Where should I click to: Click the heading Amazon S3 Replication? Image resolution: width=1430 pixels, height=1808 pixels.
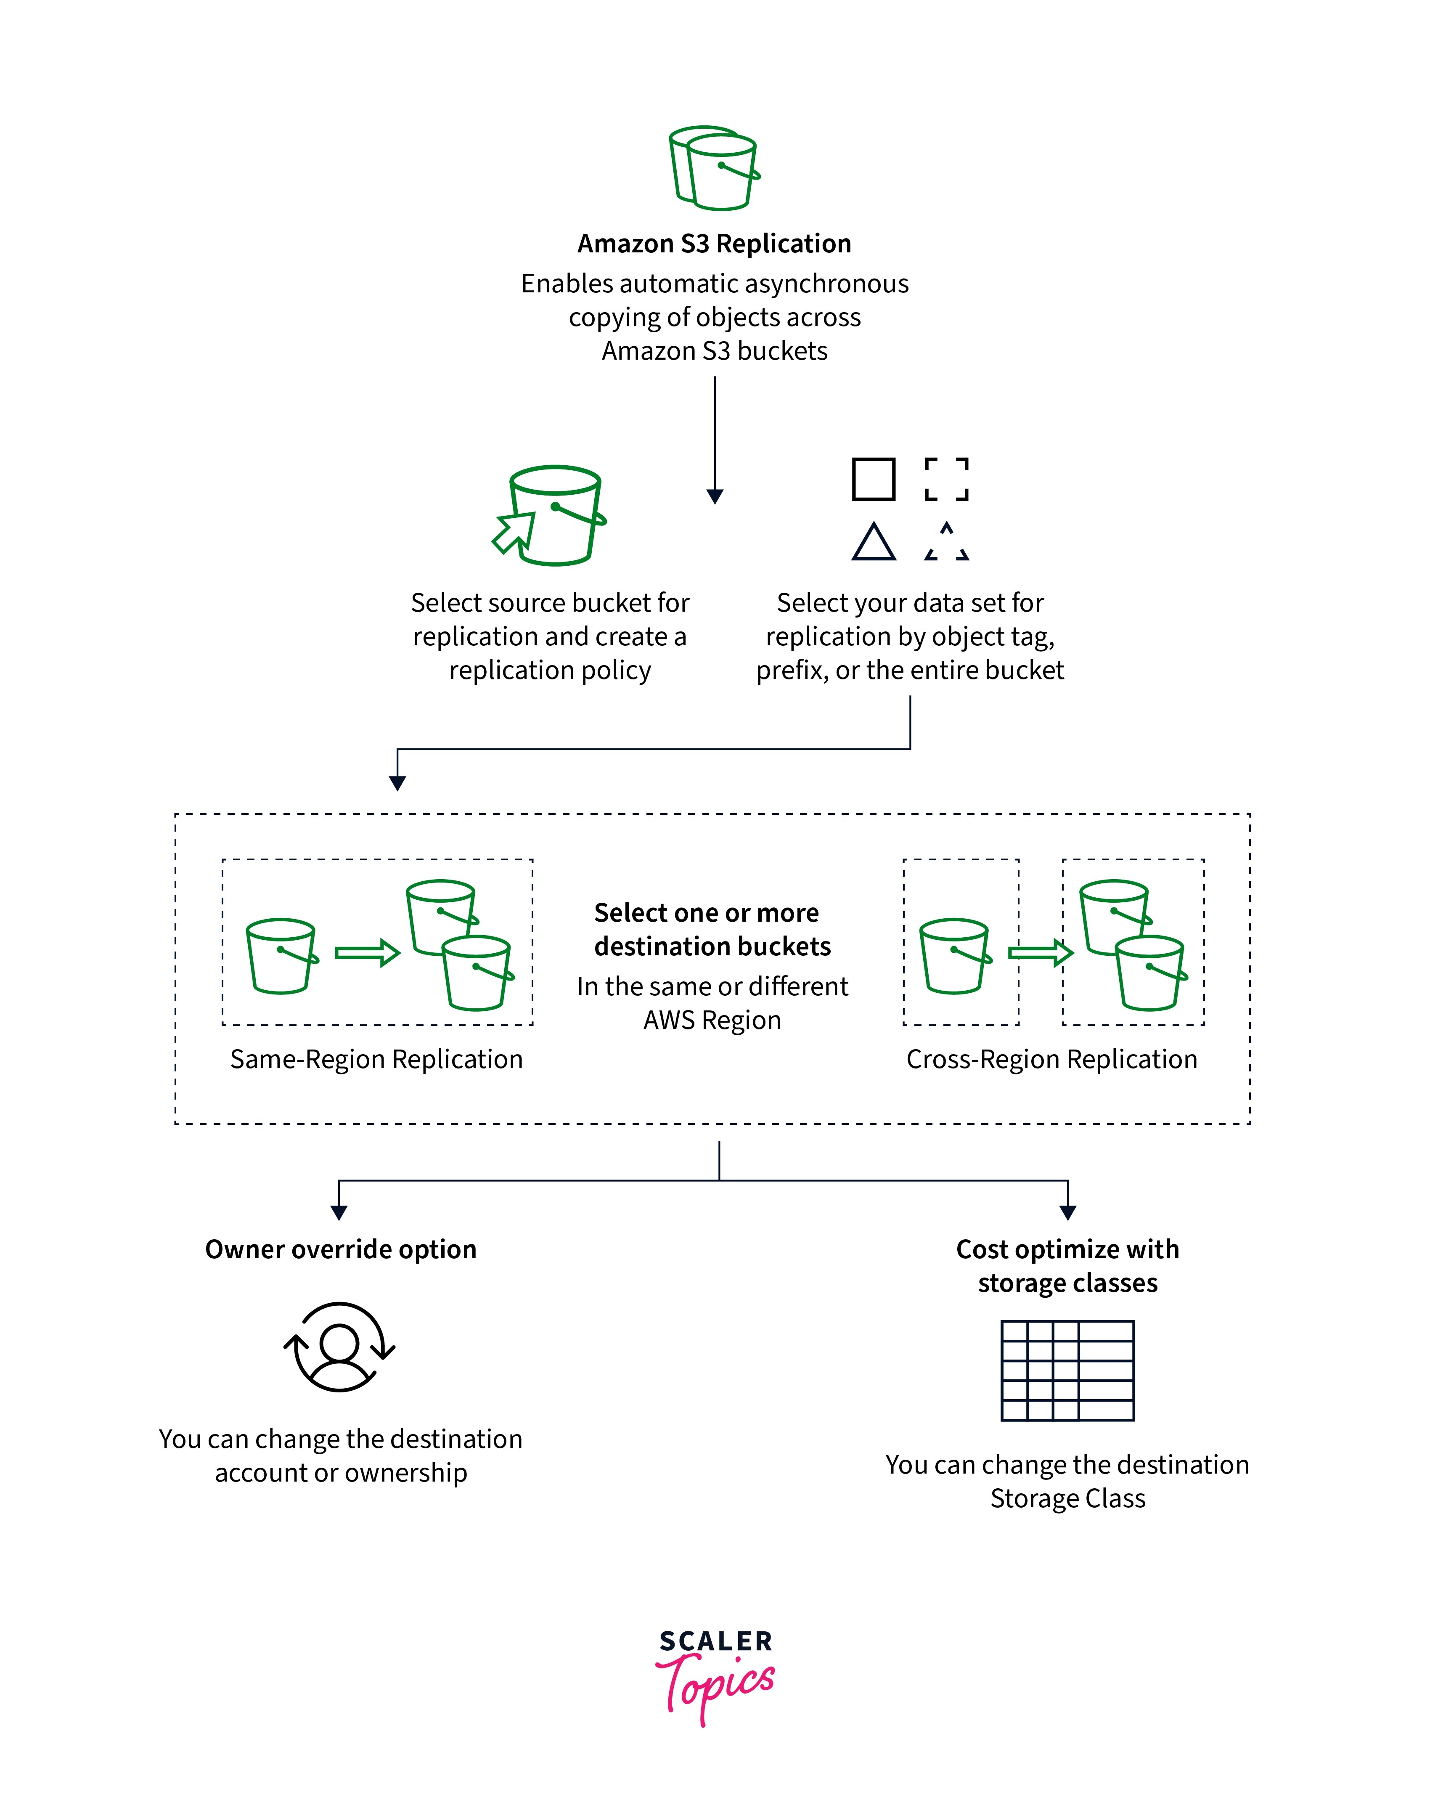[x=714, y=244]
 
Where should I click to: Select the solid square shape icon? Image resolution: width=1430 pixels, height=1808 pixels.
[x=873, y=479]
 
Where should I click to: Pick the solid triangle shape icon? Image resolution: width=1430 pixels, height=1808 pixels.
[x=873, y=543]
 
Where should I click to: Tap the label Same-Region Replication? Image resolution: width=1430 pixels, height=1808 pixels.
[x=376, y=1059]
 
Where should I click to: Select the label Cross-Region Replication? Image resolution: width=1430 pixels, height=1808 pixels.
[x=1051, y=1059]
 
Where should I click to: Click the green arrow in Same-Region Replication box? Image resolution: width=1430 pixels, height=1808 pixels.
[x=367, y=953]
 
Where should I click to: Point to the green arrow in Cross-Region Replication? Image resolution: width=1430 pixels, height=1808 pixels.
[x=1040, y=953]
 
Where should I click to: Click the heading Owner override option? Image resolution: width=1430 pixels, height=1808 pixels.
[x=341, y=1249]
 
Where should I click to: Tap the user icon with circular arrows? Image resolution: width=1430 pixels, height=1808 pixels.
[x=339, y=1347]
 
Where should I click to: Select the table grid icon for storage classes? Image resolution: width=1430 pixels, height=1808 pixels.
[x=1067, y=1371]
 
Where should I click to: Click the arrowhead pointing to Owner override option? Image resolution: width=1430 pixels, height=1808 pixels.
[x=339, y=1212]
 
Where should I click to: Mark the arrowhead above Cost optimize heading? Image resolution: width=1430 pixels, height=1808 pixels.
[x=1067, y=1212]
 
